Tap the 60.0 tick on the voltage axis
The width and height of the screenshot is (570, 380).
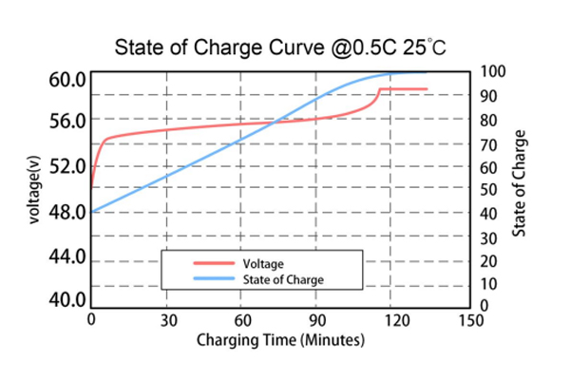pos(67,78)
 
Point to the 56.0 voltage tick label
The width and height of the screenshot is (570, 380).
pos(67,122)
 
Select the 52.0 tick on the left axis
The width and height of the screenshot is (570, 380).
pos(67,167)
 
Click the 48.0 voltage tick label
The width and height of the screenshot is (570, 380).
pos(67,212)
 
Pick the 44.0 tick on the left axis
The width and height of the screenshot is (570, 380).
pos(67,257)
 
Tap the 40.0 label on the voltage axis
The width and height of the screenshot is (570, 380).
pos(67,300)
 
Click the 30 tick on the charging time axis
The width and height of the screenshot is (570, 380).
pos(167,320)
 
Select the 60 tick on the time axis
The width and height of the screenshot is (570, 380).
pos(243,320)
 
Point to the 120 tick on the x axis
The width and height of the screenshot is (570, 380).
pos(394,320)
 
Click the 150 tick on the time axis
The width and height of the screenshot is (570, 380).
pos(469,320)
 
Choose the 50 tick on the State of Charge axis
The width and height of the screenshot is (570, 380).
pos(488,190)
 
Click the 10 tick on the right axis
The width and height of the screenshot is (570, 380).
pos(488,284)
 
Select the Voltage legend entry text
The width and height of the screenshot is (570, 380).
pos(264,263)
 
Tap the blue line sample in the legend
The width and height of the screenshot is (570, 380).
pos(214,279)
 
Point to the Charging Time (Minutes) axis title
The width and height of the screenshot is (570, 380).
pos(280,339)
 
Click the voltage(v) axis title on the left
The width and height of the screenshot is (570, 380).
pos(31,189)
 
